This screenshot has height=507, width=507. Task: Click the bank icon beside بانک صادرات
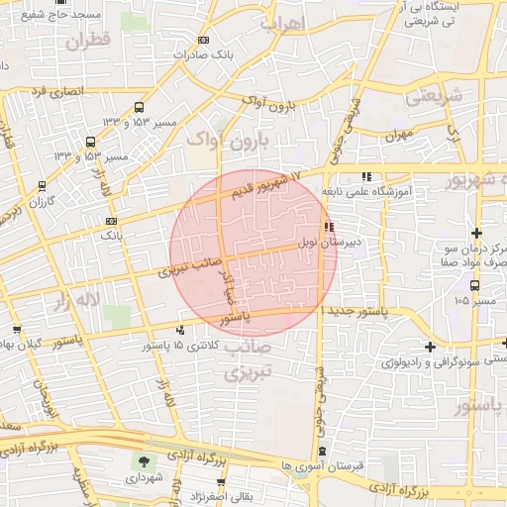204,41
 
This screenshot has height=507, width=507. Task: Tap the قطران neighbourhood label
88,41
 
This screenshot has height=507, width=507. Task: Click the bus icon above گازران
41,185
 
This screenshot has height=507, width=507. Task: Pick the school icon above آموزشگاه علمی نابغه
366,177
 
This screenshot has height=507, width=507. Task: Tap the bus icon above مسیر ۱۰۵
476,285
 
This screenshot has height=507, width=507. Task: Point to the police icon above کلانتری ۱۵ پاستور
180,331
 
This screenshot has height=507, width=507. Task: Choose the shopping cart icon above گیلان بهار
17,330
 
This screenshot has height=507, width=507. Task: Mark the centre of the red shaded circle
253,253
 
